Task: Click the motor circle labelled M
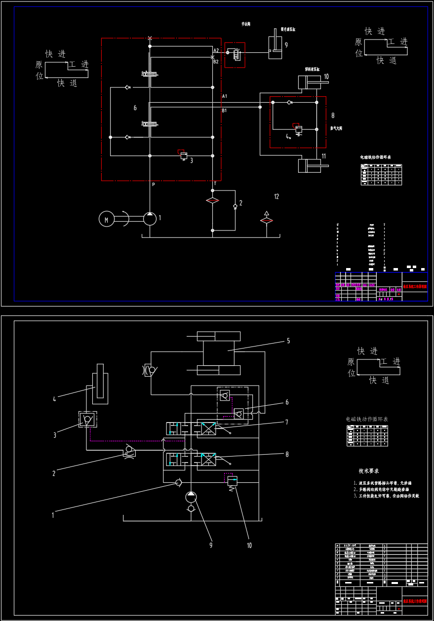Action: tap(106, 218)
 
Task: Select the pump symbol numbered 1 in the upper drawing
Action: tap(150, 218)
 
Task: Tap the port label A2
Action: tap(216, 50)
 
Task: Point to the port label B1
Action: tap(224, 111)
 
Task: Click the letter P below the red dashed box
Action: tap(154, 185)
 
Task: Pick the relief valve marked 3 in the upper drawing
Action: tap(184, 155)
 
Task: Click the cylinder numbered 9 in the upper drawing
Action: tap(275, 47)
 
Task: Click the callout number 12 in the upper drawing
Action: tap(276, 196)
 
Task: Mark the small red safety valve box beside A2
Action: tap(235, 55)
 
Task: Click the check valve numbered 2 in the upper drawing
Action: tap(235, 205)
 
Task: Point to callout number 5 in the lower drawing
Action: tap(288, 341)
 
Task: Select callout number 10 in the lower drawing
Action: tap(249, 545)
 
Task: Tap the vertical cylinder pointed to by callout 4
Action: tap(100, 381)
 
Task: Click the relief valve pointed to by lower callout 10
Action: tap(232, 481)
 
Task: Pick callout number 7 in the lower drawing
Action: tap(286, 422)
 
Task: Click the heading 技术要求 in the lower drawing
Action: tap(369, 471)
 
